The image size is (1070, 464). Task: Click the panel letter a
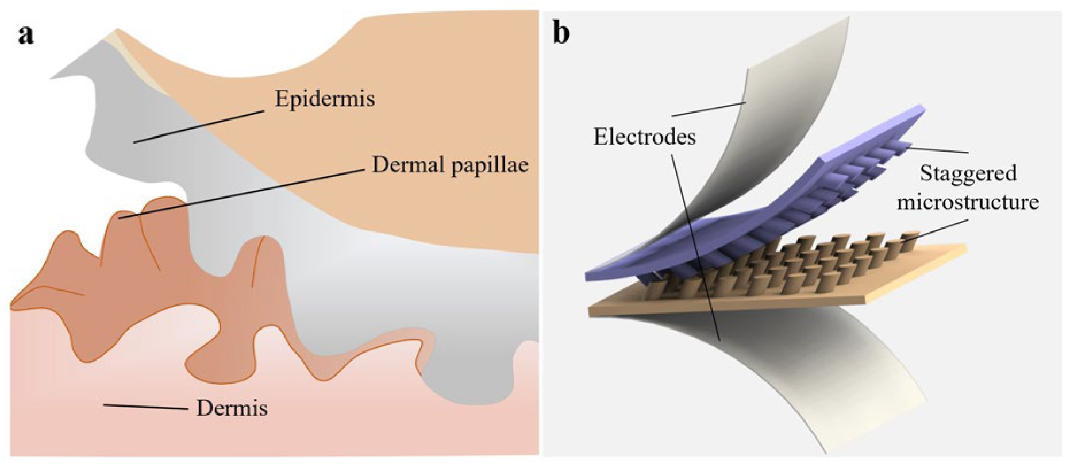pyautogui.click(x=26, y=36)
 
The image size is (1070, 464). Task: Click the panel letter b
pyautogui.click(x=561, y=34)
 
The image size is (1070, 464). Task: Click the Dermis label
pyautogui.click(x=232, y=409)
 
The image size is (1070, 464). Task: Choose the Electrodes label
pyautogui.click(x=645, y=137)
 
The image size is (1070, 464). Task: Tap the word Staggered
pyautogui.click(x=968, y=173)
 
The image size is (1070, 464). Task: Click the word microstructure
pyautogui.click(x=968, y=202)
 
